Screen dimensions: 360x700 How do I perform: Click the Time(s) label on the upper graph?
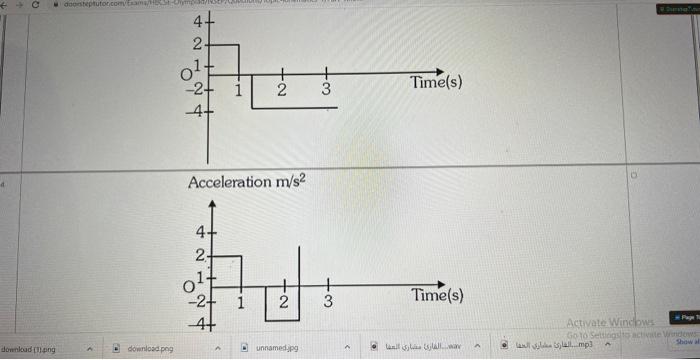436,83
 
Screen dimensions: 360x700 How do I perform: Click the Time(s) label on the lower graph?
437,297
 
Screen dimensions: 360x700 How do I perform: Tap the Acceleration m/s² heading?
244,182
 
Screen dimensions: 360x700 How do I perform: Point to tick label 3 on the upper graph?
325,90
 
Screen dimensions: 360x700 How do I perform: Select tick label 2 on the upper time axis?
281,90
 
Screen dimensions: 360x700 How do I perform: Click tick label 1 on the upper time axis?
238,89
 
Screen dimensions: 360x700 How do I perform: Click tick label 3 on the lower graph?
326,302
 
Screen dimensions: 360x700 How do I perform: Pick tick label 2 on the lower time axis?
283,301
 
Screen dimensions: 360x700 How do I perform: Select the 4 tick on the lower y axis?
198,233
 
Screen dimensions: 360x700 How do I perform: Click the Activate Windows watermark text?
609,323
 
